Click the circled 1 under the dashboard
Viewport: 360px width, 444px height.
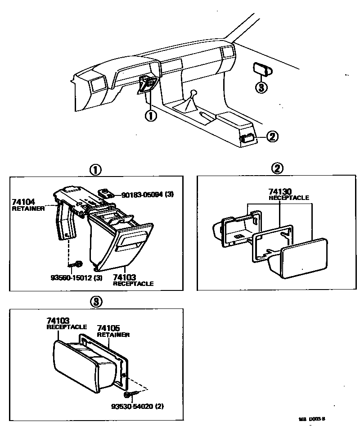coord(150,116)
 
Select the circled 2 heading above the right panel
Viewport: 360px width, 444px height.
coord(278,169)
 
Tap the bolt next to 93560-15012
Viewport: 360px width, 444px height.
coord(77,264)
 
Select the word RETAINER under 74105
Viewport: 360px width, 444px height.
coord(113,335)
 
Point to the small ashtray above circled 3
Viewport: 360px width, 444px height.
coord(261,69)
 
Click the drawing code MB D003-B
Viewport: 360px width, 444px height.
coord(311,418)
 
